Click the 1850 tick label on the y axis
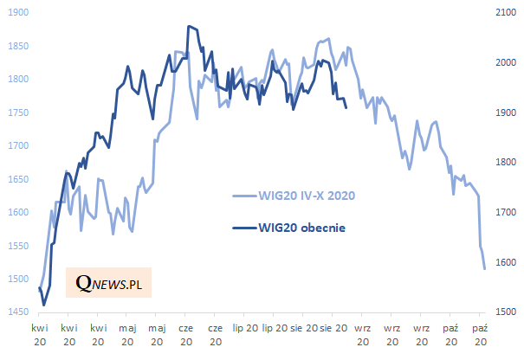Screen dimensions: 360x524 click(16, 46)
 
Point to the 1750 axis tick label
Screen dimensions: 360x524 click(16, 112)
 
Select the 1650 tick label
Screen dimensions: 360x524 click(16, 179)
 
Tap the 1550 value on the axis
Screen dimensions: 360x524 click(16, 246)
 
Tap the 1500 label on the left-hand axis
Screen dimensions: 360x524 click(16, 279)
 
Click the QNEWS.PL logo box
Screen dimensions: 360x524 click(108, 282)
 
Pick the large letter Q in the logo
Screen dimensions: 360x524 click(84, 282)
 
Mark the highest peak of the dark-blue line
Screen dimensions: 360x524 click(189, 27)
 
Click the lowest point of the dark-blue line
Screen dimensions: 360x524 click(43, 305)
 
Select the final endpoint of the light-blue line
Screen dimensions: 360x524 click(484, 268)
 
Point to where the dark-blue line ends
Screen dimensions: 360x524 click(346, 107)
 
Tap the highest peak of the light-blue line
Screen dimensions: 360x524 click(327, 38)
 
